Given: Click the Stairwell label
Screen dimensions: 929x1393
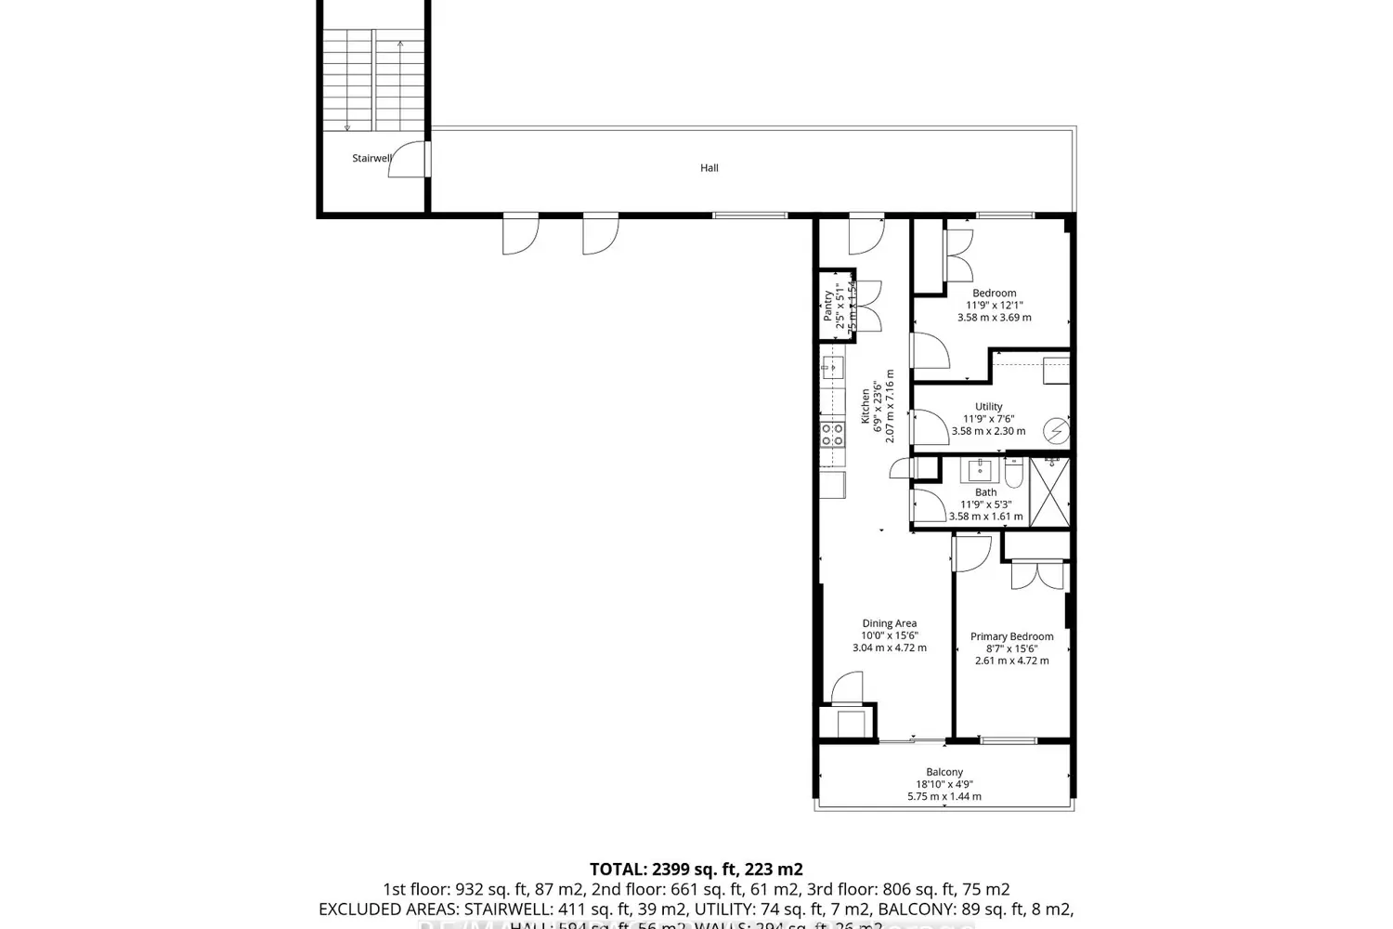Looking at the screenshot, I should point(371,158).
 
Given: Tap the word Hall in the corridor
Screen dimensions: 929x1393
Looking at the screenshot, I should point(710,168).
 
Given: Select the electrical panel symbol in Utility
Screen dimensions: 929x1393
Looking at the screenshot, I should point(1057,431).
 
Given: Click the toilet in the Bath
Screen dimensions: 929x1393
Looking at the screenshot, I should point(1013,477).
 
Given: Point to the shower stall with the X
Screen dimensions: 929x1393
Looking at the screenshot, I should point(1049,492).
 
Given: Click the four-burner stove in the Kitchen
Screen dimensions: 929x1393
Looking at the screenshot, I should point(831,433).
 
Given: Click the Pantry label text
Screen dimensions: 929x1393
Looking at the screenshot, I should point(828,306).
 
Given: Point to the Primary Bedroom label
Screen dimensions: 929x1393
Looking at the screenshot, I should point(1011,636).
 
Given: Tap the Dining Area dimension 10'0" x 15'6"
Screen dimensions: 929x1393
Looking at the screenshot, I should point(889,635).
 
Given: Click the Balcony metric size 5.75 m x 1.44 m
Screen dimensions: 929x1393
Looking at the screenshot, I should point(944,796).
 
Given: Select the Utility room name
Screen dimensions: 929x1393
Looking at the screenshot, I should point(988,406).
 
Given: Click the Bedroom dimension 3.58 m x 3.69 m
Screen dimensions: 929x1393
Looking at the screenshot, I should point(994,317).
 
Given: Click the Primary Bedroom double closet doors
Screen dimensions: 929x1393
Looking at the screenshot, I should point(1037,575).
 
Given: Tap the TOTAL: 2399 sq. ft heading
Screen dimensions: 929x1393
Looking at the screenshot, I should point(696,870).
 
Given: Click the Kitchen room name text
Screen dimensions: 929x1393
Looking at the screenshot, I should point(866,406).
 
